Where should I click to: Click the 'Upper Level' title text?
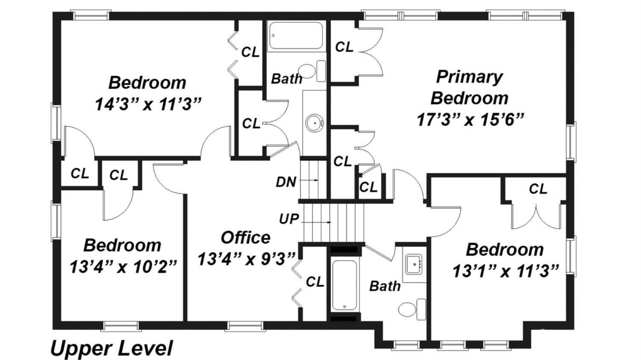pyautogui.click(x=112, y=348)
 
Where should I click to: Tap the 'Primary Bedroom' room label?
pyautogui.click(x=469, y=87)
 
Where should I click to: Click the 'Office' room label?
pyautogui.click(x=246, y=237)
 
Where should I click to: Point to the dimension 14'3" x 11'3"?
pyautogui.click(x=148, y=103)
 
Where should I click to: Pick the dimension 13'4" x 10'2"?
pyautogui.click(x=123, y=266)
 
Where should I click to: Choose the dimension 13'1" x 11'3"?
pyautogui.click(x=506, y=271)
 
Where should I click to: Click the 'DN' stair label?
pyautogui.click(x=286, y=182)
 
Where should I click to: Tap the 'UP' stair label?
pyautogui.click(x=289, y=219)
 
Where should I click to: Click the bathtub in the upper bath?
pyautogui.click(x=296, y=35)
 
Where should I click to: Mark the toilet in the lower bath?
pyautogui.click(x=412, y=310)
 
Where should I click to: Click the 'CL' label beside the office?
pyautogui.click(x=315, y=282)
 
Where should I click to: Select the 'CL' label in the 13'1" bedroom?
pyautogui.click(x=538, y=189)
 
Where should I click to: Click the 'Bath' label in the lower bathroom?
pyautogui.click(x=385, y=286)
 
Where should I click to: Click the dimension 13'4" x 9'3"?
pyautogui.click(x=246, y=259)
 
